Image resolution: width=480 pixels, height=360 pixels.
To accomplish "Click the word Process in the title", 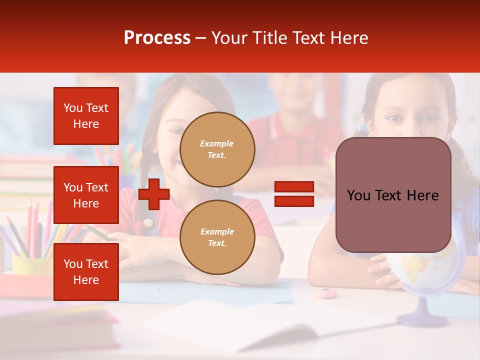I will click(x=157, y=38).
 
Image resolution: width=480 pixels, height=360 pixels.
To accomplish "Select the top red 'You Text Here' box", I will click(x=86, y=116).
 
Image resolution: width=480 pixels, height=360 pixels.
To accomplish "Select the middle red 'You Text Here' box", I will click(x=86, y=195).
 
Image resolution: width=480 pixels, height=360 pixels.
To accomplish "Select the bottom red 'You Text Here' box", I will click(x=86, y=272).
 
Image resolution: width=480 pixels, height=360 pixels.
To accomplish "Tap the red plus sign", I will click(x=154, y=194).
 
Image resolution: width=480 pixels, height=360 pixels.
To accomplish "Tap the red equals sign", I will click(x=294, y=194).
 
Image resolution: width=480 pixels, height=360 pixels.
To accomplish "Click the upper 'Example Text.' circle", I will click(x=217, y=149).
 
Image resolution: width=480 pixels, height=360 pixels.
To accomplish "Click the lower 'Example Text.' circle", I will click(x=217, y=237).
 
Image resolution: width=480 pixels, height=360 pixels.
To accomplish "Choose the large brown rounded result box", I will click(x=393, y=195).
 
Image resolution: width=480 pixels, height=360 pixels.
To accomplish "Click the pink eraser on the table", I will click(x=326, y=292).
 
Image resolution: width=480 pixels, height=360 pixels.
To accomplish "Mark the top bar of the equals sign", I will click(x=294, y=187).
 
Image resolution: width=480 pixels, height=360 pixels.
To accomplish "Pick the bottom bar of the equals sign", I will click(x=294, y=201).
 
